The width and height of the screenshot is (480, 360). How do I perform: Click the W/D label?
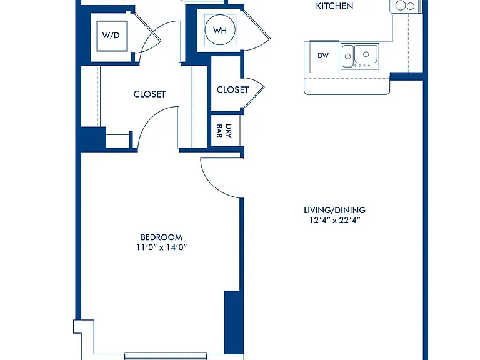click(111, 35)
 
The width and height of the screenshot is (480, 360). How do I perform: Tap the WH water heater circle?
click(220, 30)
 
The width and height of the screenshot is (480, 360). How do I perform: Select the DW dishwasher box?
click(324, 57)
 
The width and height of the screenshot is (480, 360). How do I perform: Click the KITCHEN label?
click(334, 6)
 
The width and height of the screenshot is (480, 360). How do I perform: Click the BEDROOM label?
click(161, 237)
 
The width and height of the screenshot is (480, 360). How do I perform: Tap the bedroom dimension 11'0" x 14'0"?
click(161, 247)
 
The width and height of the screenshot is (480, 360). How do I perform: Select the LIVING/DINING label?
click(334, 210)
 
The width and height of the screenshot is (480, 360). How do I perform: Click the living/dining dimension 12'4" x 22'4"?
click(334, 220)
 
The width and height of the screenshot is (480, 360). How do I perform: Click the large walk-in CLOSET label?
click(149, 94)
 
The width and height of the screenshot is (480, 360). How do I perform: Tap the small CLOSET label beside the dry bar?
click(232, 90)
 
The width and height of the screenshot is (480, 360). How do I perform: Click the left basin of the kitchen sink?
click(347, 56)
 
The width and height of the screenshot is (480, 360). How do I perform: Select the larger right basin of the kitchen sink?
click(366, 54)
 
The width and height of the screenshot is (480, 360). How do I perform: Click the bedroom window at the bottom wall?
click(166, 356)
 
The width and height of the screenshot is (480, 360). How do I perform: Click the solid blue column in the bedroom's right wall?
click(232, 322)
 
